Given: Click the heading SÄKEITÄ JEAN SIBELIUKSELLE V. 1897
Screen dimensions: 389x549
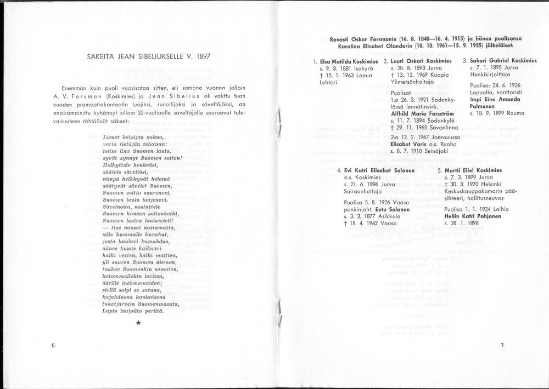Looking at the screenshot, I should [148, 56].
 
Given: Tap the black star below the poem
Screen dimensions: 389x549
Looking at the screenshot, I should [139, 323].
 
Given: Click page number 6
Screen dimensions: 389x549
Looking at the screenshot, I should [53, 345].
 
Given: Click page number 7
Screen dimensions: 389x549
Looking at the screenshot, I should [502, 345].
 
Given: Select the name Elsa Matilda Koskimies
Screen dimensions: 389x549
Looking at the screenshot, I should [349, 61].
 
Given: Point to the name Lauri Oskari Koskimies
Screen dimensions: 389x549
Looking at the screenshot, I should [421, 61].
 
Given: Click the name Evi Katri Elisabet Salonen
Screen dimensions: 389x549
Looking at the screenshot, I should [371, 170].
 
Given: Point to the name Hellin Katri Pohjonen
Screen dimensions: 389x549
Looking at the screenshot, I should [472, 216].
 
